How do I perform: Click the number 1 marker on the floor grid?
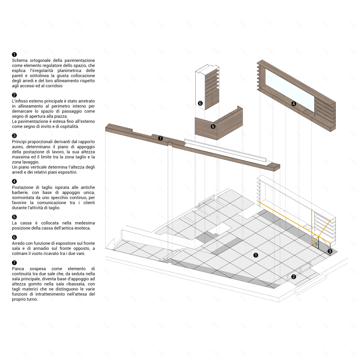256,255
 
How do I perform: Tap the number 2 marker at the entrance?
293,277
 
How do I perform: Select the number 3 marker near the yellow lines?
330,251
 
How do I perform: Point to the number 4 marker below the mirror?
293,104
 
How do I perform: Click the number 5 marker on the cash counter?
213,126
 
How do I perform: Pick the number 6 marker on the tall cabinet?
200,103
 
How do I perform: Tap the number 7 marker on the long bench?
160,138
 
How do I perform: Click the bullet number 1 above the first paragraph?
14,54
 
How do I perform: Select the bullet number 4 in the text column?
14,181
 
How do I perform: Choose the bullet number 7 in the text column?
14,263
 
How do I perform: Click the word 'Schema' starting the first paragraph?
20,61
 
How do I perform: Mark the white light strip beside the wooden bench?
225,150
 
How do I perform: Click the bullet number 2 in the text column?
14,95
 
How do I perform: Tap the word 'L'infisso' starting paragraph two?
20,101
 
